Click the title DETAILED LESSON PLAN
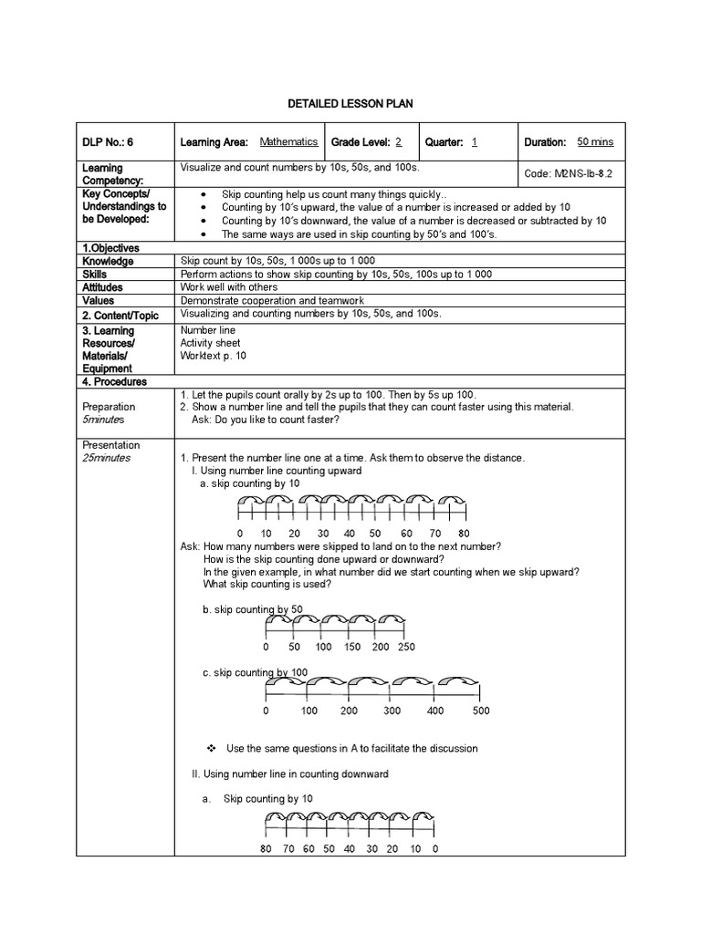pyautogui.click(x=350, y=105)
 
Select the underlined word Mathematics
pyautogui.click(x=288, y=142)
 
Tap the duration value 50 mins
pyautogui.click(x=595, y=142)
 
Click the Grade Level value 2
pyautogui.click(x=399, y=142)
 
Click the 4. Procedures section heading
pyautogui.click(x=114, y=381)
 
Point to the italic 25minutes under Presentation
pyautogui.click(x=106, y=458)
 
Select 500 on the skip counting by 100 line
pyautogui.click(x=481, y=711)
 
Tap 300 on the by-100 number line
pyautogui.click(x=392, y=711)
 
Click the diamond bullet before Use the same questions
pyautogui.click(x=211, y=748)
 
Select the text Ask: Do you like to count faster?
pyautogui.click(x=265, y=420)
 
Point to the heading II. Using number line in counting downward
pyautogui.click(x=289, y=773)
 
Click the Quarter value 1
pyautogui.click(x=475, y=142)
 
